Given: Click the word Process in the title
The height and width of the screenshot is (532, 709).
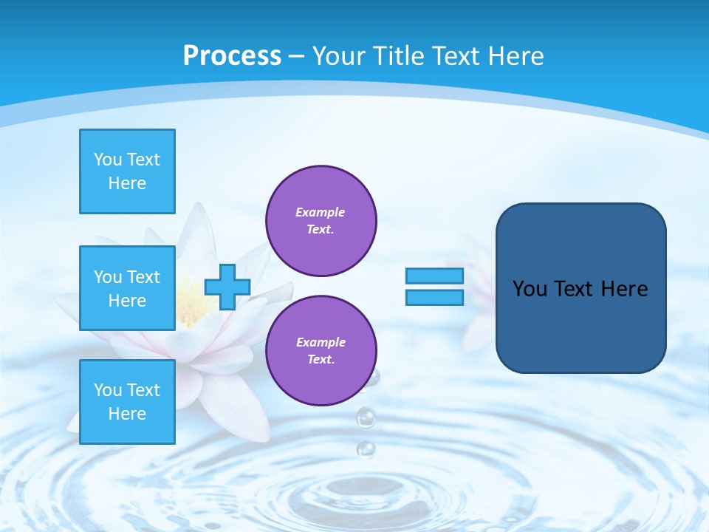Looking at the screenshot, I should [232, 56].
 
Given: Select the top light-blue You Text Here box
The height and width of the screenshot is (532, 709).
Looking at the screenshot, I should [127, 171].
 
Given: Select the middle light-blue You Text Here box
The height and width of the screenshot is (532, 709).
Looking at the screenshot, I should [127, 288].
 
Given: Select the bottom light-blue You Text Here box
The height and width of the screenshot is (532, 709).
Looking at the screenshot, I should [127, 402].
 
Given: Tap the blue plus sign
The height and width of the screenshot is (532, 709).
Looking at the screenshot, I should [227, 287].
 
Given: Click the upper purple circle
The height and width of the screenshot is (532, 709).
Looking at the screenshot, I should [321, 221].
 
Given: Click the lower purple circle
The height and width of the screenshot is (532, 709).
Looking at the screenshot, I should [321, 351].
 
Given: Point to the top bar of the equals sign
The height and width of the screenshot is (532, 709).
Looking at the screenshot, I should [435, 276].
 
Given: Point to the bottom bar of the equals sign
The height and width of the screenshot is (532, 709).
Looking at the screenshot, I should [435, 298].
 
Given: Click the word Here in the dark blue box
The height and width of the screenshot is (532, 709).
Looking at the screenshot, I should [624, 289].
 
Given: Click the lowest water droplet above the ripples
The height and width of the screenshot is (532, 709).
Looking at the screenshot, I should [366, 449].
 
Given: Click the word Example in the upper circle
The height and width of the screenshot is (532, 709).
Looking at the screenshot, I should [321, 212].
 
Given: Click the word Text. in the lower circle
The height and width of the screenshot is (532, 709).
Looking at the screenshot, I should [321, 360].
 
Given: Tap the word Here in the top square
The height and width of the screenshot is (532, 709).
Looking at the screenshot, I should [127, 183].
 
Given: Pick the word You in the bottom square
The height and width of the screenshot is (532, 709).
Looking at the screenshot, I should [108, 390].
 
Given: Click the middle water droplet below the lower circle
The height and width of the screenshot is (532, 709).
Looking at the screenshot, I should [366, 417].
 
